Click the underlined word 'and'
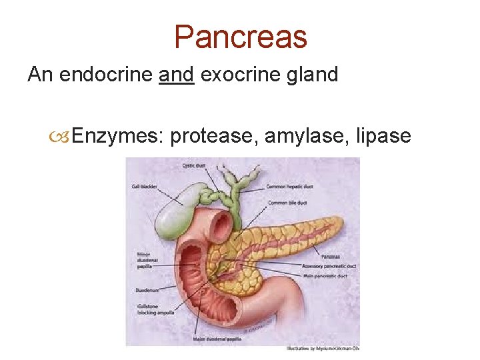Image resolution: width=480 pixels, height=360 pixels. [177, 74]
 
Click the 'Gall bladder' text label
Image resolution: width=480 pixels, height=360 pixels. [144, 187]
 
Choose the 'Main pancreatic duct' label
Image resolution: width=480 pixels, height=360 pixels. [325, 275]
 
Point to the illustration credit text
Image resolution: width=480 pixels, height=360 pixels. [323, 348]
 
